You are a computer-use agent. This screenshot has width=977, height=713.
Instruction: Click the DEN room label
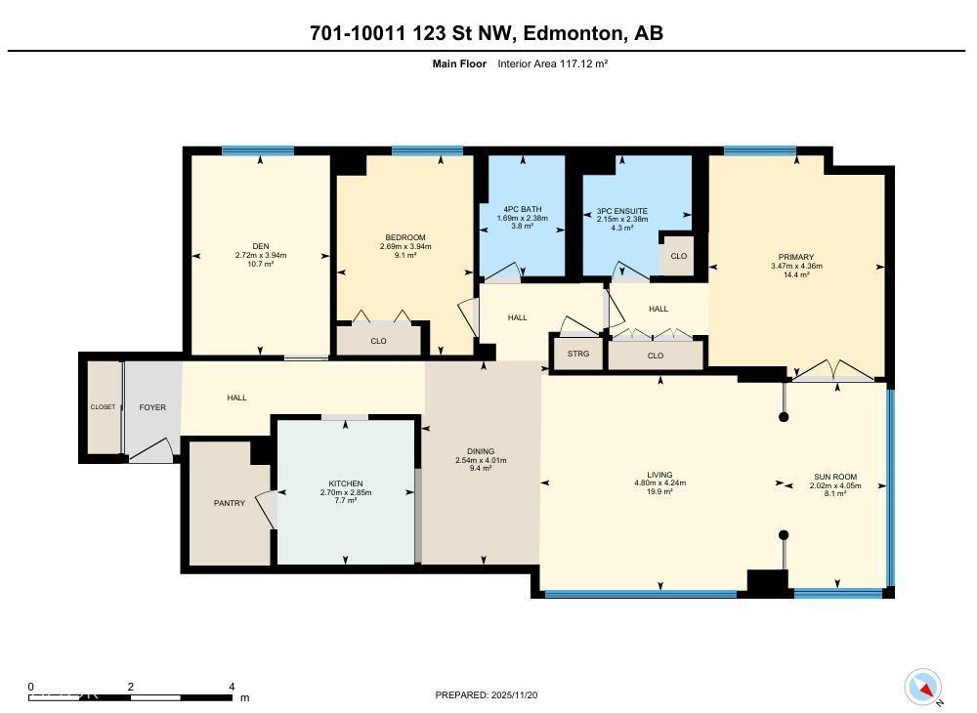(260, 246)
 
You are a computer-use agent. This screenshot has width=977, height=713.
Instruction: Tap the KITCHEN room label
(346, 483)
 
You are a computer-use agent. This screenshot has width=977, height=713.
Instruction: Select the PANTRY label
(230, 503)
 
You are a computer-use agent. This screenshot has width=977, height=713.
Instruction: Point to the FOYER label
(152, 406)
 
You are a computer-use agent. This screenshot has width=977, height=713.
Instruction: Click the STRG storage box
(578, 354)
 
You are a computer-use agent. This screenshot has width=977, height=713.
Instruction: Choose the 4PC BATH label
(523, 209)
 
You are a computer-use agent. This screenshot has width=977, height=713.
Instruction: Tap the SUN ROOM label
(835, 477)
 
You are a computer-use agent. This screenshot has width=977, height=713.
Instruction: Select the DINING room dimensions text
(480, 460)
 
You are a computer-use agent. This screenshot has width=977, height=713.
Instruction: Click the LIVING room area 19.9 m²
(660, 491)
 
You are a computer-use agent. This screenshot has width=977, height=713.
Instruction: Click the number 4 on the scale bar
(232, 687)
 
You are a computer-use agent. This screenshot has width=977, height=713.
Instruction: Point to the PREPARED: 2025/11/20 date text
(487, 694)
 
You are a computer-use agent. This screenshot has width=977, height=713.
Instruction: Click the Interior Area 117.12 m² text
(553, 63)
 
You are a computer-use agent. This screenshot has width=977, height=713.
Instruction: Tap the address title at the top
(486, 33)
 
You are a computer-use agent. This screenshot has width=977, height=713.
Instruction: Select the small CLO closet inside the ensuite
(678, 256)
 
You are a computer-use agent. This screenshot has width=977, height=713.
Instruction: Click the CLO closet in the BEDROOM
(378, 341)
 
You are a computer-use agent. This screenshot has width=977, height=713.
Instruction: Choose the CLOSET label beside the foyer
(103, 407)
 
